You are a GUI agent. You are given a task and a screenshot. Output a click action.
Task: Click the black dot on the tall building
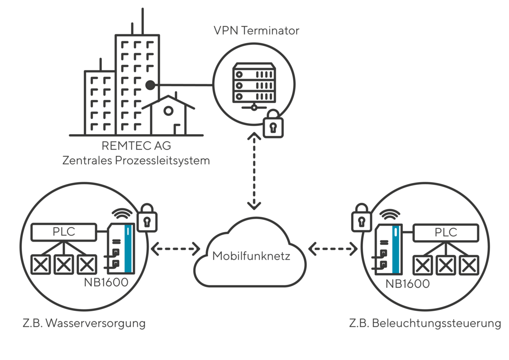pos(149,85)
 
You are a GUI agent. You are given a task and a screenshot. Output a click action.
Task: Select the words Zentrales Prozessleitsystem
pos(136,161)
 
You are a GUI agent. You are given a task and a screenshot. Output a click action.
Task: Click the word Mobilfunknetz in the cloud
pos(251,256)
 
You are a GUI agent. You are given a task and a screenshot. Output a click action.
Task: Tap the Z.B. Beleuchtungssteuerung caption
pos(425,323)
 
